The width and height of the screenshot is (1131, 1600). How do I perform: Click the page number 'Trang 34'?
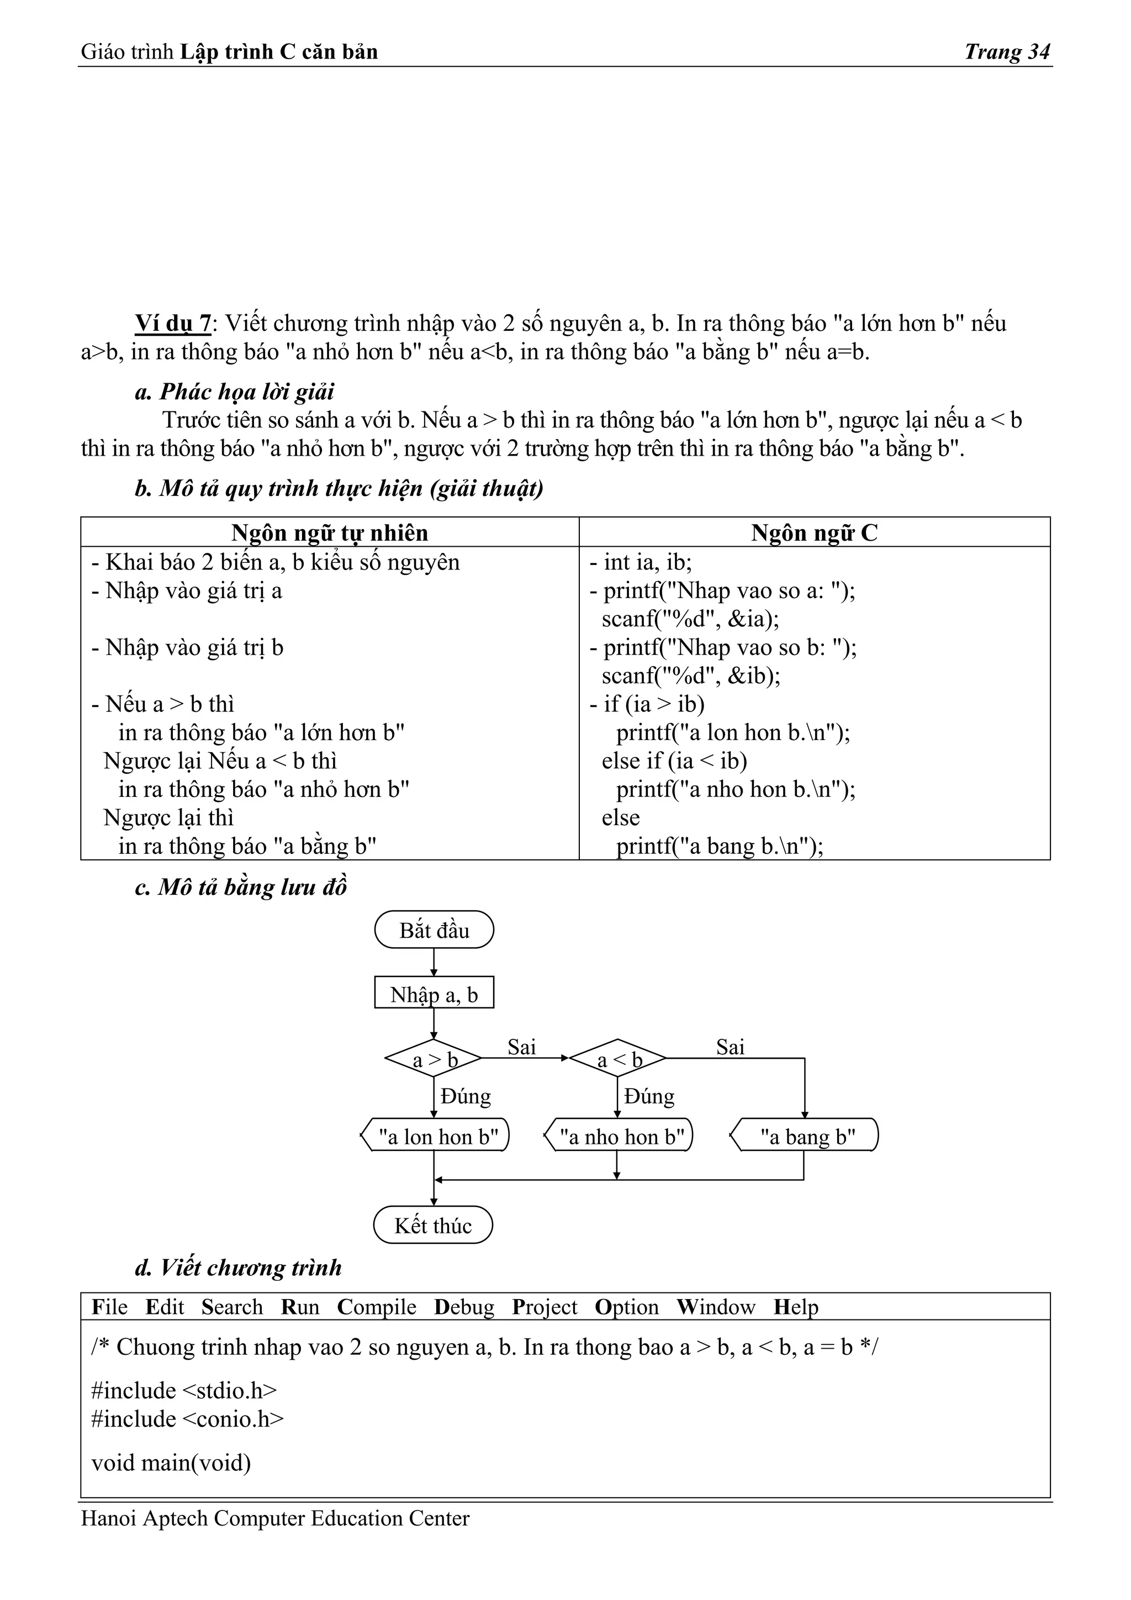(1006, 51)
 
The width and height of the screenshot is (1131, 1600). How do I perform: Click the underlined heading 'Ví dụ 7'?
(173, 323)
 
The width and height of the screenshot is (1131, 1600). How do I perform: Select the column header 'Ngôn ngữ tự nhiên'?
(330, 533)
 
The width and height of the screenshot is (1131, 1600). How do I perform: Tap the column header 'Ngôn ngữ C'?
(814, 533)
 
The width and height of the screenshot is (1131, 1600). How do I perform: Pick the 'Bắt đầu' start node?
(434, 930)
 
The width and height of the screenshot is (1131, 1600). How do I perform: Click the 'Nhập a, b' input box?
(434, 995)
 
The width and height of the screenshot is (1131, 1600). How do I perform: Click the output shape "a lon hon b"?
(437, 1137)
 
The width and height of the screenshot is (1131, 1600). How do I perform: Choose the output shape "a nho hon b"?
(620, 1137)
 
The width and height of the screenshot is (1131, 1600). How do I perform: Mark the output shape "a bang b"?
(806, 1137)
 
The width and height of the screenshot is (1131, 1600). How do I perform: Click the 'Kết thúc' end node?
(433, 1226)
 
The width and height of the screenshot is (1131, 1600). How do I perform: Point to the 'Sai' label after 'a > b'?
(521, 1047)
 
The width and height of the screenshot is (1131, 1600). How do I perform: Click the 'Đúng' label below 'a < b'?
(649, 1096)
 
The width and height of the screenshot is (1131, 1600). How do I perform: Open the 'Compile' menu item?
(376, 1307)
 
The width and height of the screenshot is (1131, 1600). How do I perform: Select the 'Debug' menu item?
(463, 1307)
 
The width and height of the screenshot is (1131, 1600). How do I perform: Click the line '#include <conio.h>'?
(187, 1419)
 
